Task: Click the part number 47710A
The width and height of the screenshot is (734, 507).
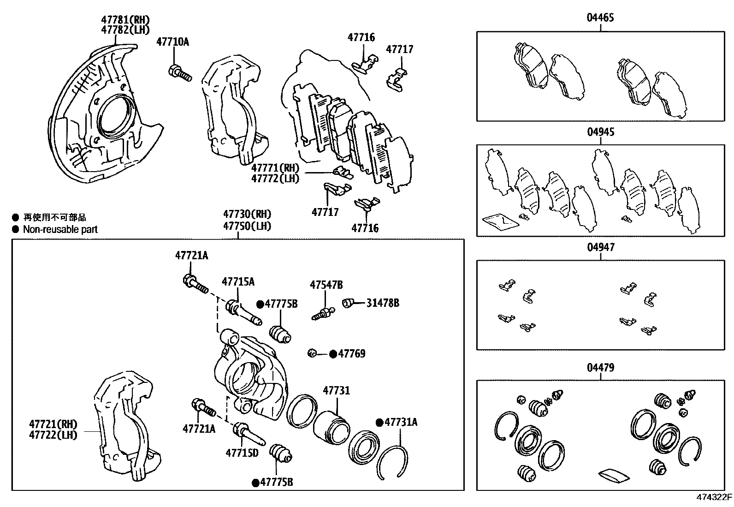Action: (172, 42)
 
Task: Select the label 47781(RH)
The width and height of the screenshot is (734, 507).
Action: (125, 20)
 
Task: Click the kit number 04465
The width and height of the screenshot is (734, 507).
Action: (600, 18)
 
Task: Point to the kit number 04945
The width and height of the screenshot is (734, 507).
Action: (600, 132)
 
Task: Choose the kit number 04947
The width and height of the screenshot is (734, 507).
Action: (600, 248)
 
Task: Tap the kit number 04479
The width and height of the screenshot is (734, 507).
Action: (600, 368)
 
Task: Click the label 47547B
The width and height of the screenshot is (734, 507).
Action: (326, 285)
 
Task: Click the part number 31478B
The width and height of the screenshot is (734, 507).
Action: (383, 303)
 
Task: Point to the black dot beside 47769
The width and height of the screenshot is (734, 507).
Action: (333, 354)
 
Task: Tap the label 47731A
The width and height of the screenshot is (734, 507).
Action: (401, 422)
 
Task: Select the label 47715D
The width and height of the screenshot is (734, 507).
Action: (242, 453)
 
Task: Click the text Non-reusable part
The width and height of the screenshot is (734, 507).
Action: (60, 229)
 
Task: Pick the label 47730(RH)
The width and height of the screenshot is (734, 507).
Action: (247, 215)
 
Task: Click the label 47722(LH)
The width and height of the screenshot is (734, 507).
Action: (53, 435)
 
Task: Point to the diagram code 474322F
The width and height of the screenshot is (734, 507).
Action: (714, 497)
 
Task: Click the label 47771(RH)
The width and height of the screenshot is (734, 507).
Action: (275, 168)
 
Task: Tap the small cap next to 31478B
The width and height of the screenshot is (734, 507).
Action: (349, 303)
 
